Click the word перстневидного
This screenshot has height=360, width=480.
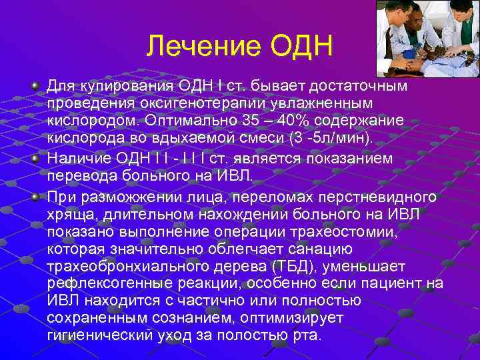tap(381, 198)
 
